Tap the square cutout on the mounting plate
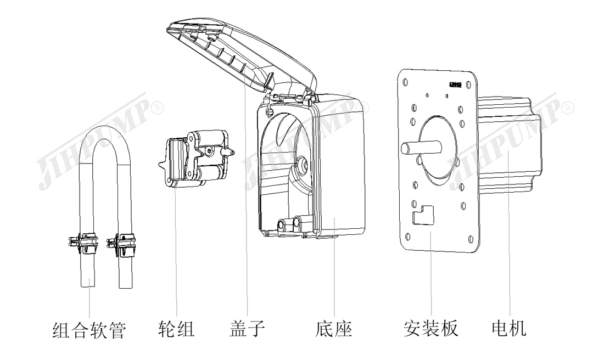point(422,214)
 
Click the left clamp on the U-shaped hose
point(81,243)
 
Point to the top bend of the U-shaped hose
point(104,132)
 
